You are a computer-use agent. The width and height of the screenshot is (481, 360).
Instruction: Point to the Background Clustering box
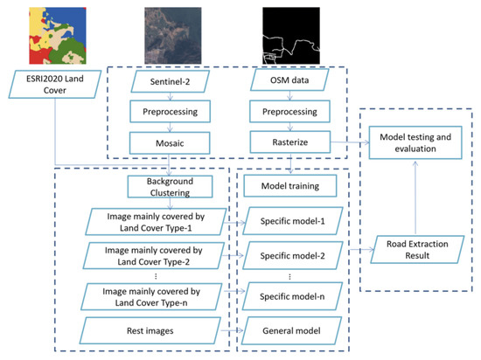164,188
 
